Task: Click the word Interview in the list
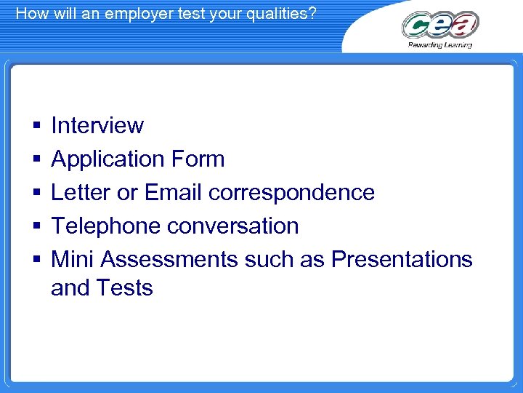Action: click(x=97, y=125)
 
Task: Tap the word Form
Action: click(x=198, y=159)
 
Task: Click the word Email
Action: click(x=174, y=192)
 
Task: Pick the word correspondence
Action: click(x=291, y=192)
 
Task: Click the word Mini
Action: click(x=73, y=259)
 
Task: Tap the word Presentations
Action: click(x=402, y=259)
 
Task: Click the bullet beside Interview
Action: click(x=36, y=126)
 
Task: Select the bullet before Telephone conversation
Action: click(x=36, y=226)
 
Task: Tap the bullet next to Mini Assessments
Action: click(x=36, y=260)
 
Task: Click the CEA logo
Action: click(x=440, y=25)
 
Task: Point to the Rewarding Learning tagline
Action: click(x=440, y=45)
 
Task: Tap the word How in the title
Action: click(x=30, y=12)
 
